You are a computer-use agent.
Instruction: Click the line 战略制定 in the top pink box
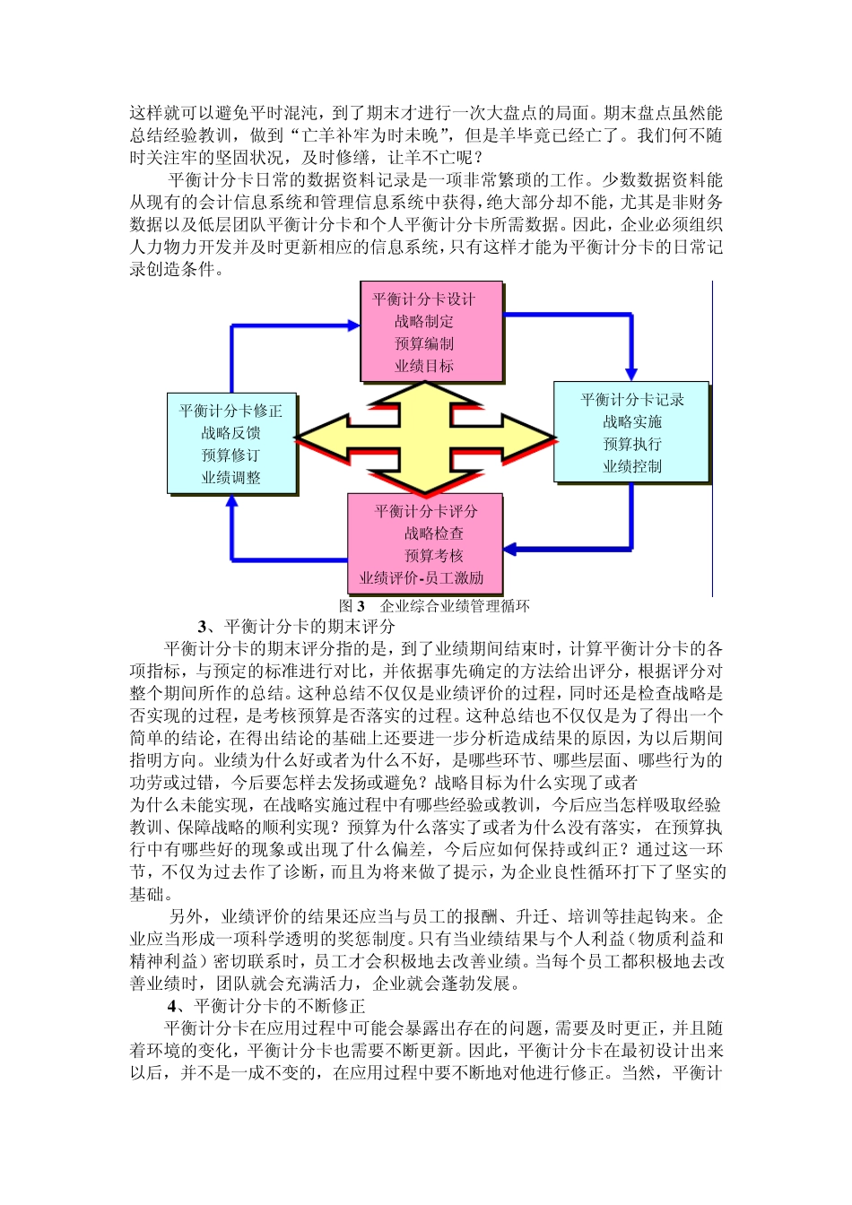tap(424, 321)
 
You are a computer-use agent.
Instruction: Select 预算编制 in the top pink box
tap(424, 343)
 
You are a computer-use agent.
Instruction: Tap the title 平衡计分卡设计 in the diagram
tap(424, 299)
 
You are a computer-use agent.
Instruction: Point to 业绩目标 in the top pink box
tap(424, 366)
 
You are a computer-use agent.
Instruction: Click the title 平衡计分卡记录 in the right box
tap(632, 400)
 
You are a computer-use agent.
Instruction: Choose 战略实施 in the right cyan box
tap(632, 421)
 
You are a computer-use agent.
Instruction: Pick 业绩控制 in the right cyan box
tap(632, 466)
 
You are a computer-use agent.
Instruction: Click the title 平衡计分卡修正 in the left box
tap(230, 411)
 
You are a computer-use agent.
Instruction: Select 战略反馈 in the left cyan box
tap(230, 433)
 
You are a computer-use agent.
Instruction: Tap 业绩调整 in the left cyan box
tap(230, 478)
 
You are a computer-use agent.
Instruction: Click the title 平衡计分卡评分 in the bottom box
tap(426, 511)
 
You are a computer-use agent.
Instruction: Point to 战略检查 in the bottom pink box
tap(433, 533)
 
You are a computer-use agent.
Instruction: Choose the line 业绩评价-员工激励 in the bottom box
tap(422, 578)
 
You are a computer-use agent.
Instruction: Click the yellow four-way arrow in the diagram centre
tap(425, 438)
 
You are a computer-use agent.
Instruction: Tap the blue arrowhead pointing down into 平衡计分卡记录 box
tap(631, 372)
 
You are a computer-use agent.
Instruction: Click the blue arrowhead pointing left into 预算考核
tap(510, 549)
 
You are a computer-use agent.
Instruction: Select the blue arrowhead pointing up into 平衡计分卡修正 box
tap(232, 503)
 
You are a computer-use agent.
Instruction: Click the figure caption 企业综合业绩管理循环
tap(455, 606)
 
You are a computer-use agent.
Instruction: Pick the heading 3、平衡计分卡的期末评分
tap(296, 627)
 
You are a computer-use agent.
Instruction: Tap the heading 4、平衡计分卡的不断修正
tap(266, 1006)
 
